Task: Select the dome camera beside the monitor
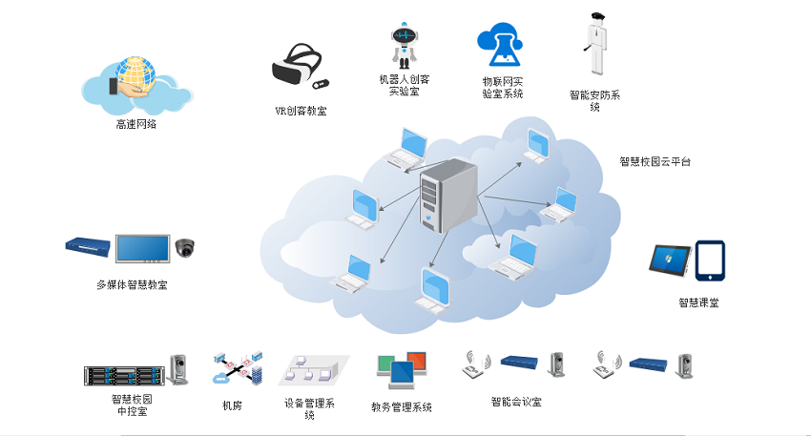click(x=184, y=249)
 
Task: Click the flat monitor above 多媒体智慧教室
click(x=143, y=249)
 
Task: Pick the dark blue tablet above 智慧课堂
click(x=710, y=260)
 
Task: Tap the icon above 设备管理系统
click(x=311, y=370)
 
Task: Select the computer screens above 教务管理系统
click(x=401, y=370)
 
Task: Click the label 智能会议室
click(x=516, y=403)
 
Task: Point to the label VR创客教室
click(x=301, y=112)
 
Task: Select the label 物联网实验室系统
click(x=503, y=88)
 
